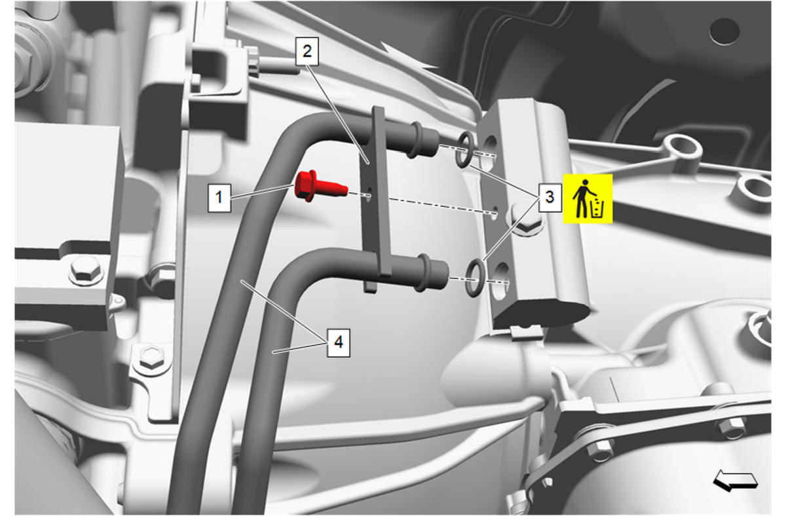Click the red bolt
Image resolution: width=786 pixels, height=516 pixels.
pos(320,186)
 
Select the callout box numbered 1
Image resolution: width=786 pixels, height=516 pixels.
pos(219,198)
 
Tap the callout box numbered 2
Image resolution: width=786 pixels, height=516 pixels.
pos(307,52)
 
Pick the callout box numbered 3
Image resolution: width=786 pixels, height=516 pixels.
pos(550,198)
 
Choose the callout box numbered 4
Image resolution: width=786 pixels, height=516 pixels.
pos(338,342)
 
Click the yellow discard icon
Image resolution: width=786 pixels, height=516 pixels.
pos(588,198)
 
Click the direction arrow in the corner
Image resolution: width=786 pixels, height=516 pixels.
pos(736,480)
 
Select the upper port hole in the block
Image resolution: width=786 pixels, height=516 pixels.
pos(489,151)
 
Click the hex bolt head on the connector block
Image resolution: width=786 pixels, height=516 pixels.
pos(525,218)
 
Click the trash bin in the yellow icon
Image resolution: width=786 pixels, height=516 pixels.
pos(597,208)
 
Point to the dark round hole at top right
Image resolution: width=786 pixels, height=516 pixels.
pos(724,31)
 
